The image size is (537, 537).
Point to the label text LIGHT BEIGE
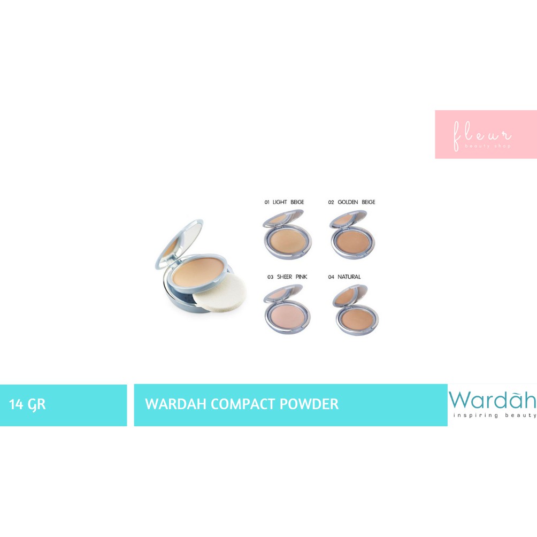(x=288, y=202)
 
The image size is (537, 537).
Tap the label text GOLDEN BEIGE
(x=357, y=202)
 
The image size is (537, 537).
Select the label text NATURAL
(x=349, y=277)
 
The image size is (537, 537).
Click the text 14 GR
(x=27, y=404)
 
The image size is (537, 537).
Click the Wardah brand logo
(x=492, y=400)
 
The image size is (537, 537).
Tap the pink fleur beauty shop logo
(x=486, y=134)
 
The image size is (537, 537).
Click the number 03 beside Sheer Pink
(x=271, y=277)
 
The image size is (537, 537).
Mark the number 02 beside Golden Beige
(x=331, y=202)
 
